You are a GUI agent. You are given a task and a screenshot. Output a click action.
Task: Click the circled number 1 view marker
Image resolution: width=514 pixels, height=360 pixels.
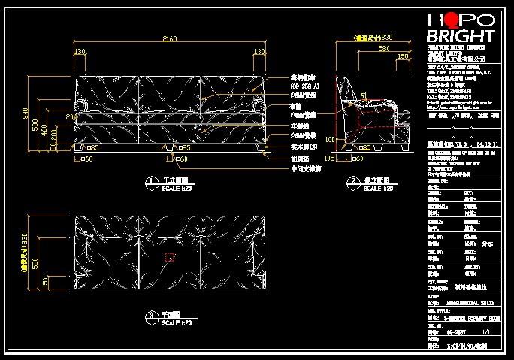[147, 181]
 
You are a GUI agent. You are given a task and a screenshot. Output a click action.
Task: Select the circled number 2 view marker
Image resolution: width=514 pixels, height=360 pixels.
[352, 181]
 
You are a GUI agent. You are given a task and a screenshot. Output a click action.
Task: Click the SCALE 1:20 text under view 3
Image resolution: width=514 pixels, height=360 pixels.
[172, 322]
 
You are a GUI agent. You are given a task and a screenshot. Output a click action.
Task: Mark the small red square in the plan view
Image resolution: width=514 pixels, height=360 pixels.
[170, 257]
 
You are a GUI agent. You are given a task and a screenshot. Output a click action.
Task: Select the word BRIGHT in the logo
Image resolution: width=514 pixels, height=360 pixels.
[461, 37]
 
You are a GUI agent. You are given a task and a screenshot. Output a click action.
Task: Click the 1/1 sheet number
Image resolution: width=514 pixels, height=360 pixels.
[485, 331]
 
